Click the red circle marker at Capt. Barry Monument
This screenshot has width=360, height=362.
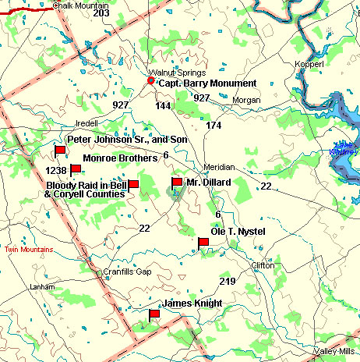coord(151,80)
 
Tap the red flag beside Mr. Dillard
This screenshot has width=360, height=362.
coord(177,184)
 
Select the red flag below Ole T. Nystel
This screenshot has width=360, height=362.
coord(203,242)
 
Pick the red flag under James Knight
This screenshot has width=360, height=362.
coord(154,314)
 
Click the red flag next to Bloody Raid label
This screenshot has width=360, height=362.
coord(133,184)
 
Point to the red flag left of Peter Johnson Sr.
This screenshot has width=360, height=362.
coord(59,150)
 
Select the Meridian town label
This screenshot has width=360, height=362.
coord(218,168)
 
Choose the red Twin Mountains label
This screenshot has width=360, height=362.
coord(28,250)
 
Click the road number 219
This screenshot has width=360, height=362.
coord(228,281)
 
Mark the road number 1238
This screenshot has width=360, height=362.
coord(55,170)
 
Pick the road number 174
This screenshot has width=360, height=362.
coord(214,125)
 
